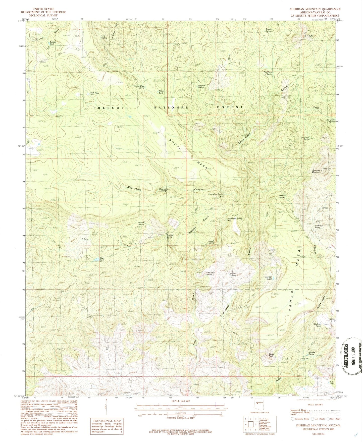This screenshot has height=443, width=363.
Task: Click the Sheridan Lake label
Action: (268, 278)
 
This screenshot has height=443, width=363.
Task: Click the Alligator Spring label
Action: (201, 86)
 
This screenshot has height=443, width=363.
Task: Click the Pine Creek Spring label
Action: (268, 73)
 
